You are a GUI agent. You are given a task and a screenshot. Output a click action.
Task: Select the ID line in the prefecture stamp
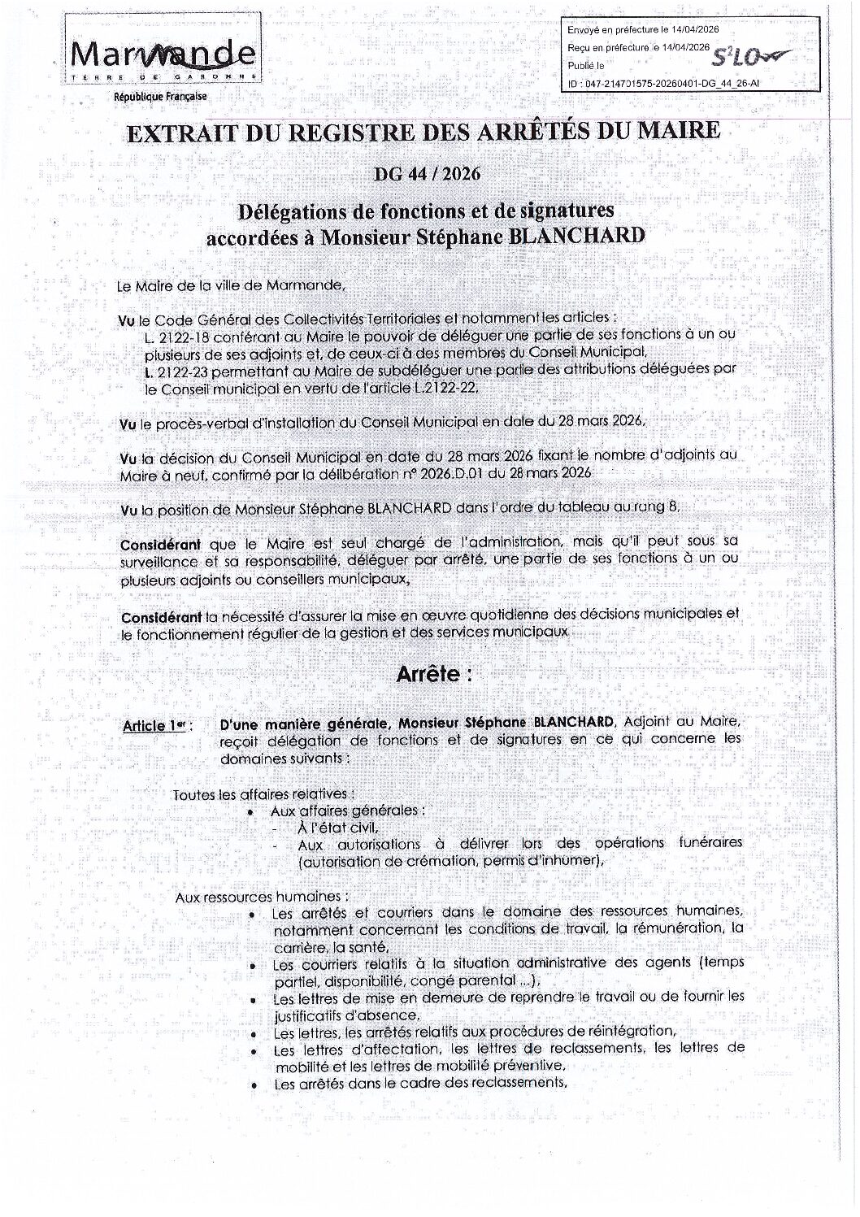pyautogui.click(x=674, y=82)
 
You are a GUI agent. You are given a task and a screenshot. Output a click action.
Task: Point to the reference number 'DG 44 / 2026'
pyautogui.click(x=429, y=173)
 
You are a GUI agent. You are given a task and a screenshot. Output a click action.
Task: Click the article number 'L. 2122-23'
pyautogui.click(x=172, y=372)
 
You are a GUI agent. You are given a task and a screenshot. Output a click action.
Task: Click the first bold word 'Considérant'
pyautogui.click(x=154, y=542)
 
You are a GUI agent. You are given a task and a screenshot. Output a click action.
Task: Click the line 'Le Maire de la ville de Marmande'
pyautogui.click(x=231, y=285)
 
